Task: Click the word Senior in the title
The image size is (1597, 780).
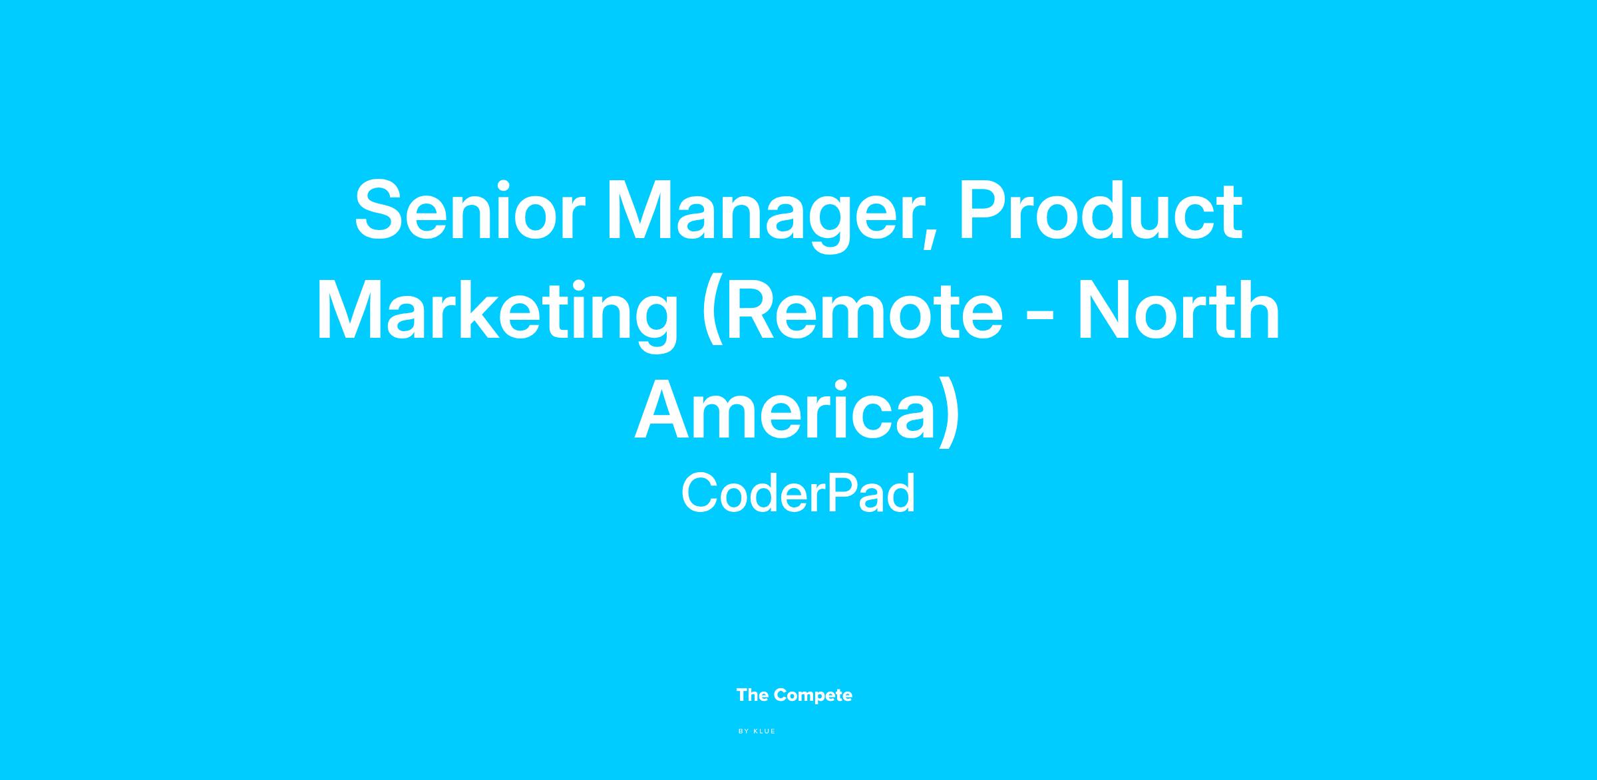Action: pyautogui.click(x=470, y=211)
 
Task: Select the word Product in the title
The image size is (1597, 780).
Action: pyautogui.click(x=1100, y=211)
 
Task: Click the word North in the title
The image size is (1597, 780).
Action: pyautogui.click(x=1178, y=311)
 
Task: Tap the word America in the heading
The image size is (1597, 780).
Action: pyautogui.click(x=783, y=410)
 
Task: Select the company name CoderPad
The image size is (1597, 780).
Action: pyautogui.click(x=798, y=493)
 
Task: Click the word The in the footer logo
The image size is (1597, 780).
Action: pyautogui.click(x=753, y=696)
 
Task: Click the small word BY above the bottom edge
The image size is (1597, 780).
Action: pyautogui.click(x=744, y=731)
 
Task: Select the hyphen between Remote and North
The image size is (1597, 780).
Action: pyautogui.click(x=1040, y=317)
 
